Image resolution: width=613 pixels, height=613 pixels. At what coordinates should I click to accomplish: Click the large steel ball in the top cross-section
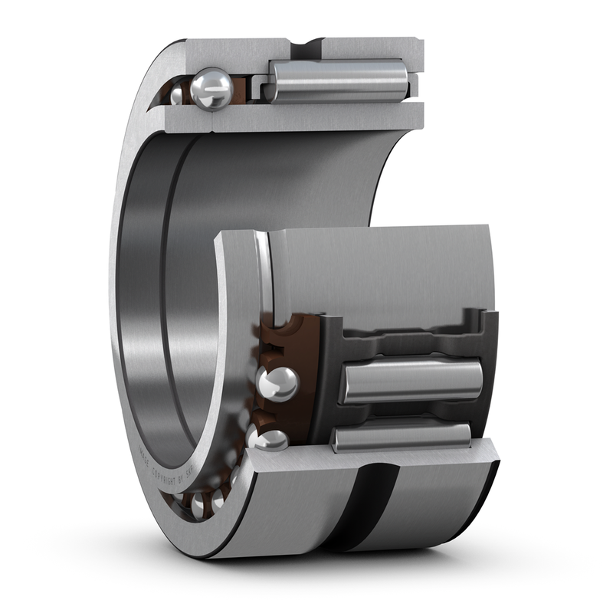[x=211, y=88]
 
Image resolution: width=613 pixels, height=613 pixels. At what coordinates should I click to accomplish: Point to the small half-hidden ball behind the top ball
[x=178, y=94]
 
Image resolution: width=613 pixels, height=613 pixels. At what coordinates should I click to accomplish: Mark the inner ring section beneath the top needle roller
[x=337, y=115]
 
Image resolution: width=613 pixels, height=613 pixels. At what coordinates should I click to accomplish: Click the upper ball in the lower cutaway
[x=277, y=383]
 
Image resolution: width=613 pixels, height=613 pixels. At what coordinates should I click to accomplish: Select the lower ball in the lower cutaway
[x=270, y=438]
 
